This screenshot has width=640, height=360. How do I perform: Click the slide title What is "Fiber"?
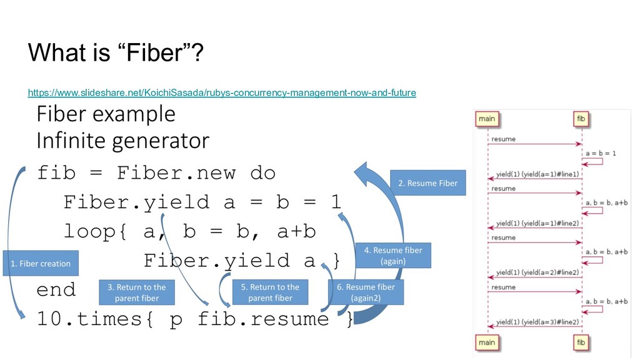tap(115, 54)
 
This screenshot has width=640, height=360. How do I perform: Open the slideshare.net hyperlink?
tap(222, 93)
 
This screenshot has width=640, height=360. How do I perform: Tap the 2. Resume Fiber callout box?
tap(428, 183)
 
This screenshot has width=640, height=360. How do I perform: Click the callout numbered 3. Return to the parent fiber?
tap(136, 292)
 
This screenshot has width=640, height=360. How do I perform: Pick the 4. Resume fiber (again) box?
tap(393, 255)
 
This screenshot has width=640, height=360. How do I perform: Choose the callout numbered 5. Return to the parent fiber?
tap(270, 292)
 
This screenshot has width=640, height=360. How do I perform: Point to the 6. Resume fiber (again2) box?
tap(366, 292)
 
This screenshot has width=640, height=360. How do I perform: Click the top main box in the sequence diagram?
tap(487, 119)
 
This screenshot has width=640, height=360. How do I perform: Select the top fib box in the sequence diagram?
tap(581, 119)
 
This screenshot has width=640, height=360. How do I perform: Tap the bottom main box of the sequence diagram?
tap(487, 342)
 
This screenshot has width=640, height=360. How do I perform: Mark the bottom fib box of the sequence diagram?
tap(581, 342)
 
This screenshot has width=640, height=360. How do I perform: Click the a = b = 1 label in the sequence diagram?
tap(601, 152)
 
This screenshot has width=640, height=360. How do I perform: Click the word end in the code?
tap(56, 289)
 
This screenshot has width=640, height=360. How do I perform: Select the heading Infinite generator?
tap(122, 140)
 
